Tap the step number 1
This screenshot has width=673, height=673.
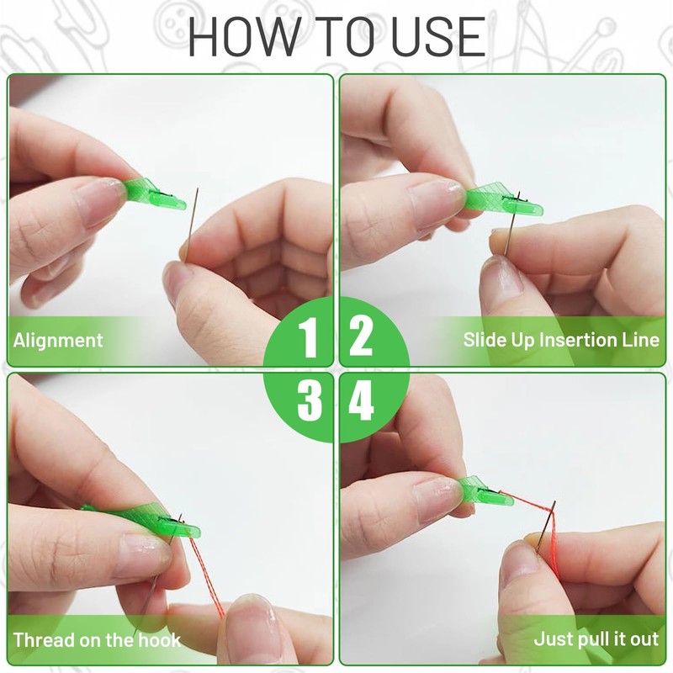(x=309, y=338)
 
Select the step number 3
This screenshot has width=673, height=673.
(x=309, y=402)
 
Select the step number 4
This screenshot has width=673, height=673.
(x=362, y=402)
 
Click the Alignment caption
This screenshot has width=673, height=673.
(x=58, y=341)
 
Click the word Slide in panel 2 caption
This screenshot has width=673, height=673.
(x=484, y=341)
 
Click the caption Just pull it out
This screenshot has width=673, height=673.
(x=596, y=639)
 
